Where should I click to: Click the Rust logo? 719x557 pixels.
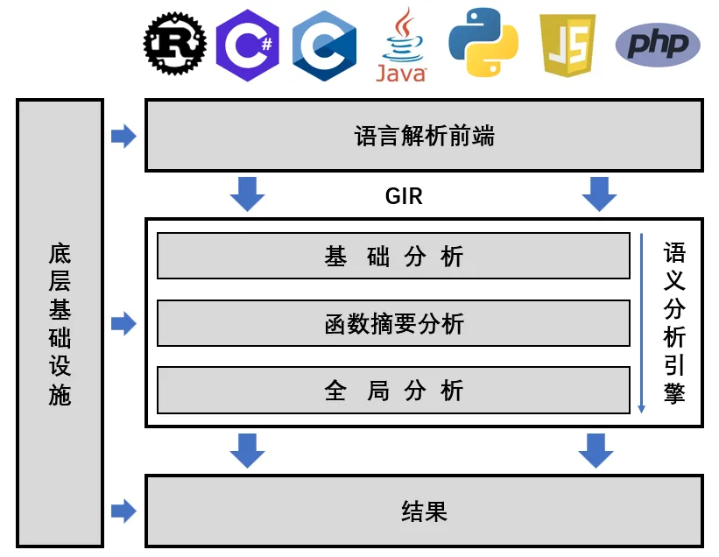pyautogui.click(x=175, y=44)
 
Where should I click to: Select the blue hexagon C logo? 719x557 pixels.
pyautogui.click(x=324, y=46)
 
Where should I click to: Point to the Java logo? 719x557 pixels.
pyautogui.click(x=401, y=46)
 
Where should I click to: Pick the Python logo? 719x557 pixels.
pyautogui.click(x=483, y=43)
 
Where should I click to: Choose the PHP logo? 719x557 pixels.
pyautogui.click(x=658, y=45)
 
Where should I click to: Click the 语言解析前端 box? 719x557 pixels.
pyautogui.click(x=424, y=136)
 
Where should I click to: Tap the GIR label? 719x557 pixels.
pyautogui.click(x=404, y=196)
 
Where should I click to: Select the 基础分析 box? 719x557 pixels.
pyautogui.click(x=393, y=257)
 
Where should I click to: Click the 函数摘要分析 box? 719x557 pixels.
pyautogui.click(x=393, y=324)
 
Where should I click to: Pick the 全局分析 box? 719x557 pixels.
pyautogui.click(x=393, y=391)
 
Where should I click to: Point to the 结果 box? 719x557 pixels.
pyautogui.click(x=424, y=511)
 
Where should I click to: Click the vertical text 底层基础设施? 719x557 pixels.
pyautogui.click(x=60, y=324)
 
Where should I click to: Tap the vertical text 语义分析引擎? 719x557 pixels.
pyautogui.click(x=674, y=324)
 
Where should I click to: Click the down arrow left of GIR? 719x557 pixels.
pyautogui.click(x=247, y=194)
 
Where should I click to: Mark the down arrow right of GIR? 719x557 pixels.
pyautogui.click(x=599, y=194)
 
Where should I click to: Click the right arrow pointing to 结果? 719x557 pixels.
pyautogui.click(x=123, y=511)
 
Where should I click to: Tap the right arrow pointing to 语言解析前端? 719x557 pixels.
pyautogui.click(x=123, y=136)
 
